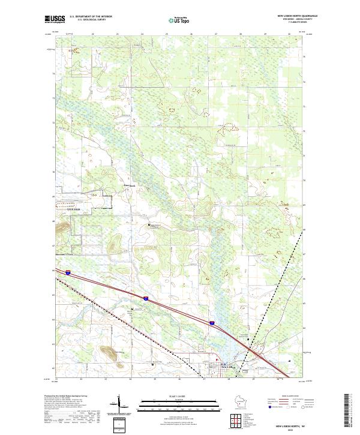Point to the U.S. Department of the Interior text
coord(91,16)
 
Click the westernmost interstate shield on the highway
coord(68,273)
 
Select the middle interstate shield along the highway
coord(145,298)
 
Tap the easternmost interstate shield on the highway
coord(212,323)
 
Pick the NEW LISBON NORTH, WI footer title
coord(296,424)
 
